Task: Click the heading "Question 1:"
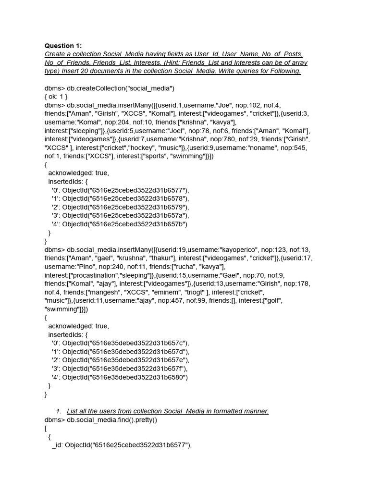point(63,46)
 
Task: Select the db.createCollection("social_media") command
point(121,88)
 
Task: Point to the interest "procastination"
point(95,275)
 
